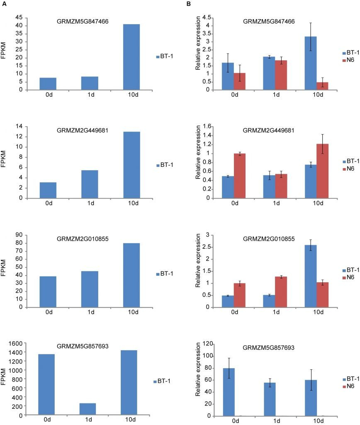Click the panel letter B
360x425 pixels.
(x=188, y=4)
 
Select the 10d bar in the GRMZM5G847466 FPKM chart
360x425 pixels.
(x=131, y=57)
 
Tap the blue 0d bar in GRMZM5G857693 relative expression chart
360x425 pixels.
(x=229, y=392)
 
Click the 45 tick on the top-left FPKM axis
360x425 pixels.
(x=19, y=17)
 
